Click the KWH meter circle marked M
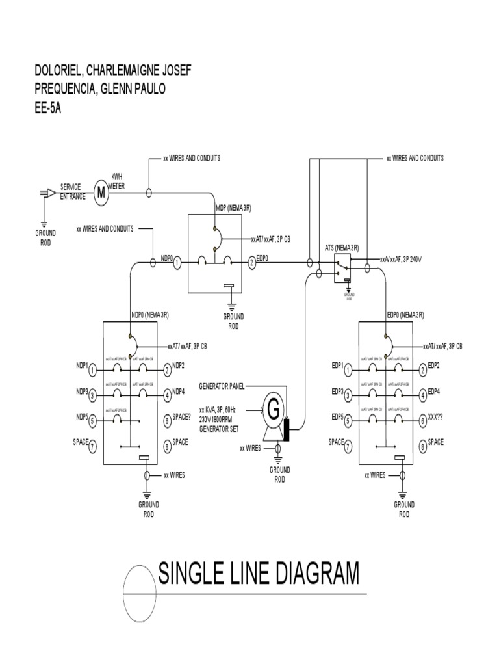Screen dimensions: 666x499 [x=101, y=193]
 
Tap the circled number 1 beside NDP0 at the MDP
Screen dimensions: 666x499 [x=177, y=262]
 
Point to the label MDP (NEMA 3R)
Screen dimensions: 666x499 [x=233, y=208]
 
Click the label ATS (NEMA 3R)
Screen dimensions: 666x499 [x=342, y=248]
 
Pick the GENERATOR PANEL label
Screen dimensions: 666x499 [x=222, y=386]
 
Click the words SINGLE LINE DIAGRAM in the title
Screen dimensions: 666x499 [x=258, y=574]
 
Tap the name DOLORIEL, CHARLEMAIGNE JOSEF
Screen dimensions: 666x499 [x=113, y=70]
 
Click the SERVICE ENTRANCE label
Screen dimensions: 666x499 [x=73, y=191]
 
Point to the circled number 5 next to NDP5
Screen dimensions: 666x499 [x=92, y=420]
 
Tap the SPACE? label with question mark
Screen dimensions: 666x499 [x=183, y=418]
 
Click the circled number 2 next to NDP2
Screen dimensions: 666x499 [x=167, y=370]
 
